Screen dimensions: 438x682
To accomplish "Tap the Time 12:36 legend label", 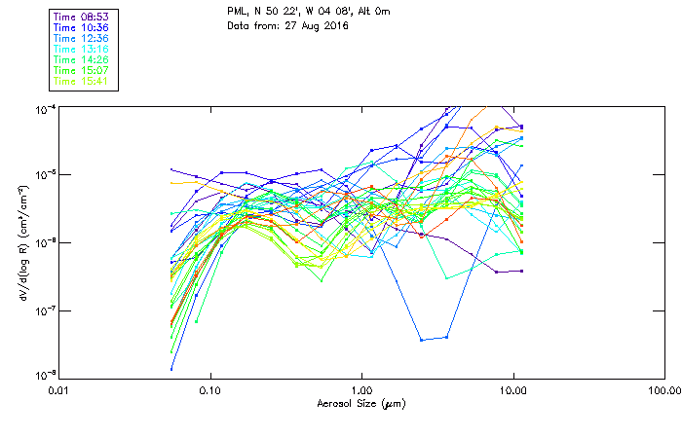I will tap(81, 39).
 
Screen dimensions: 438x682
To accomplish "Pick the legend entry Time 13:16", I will tap(81, 50).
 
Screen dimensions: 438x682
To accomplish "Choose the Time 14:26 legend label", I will tap(81, 60).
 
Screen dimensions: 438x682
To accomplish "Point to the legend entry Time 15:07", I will tap(81, 71).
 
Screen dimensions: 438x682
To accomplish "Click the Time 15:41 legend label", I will tap(81, 81).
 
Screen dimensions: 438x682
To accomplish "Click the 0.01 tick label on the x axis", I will tap(59, 390).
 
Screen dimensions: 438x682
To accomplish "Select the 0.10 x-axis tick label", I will tap(210, 390).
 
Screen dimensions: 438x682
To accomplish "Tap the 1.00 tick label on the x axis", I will tap(362, 390).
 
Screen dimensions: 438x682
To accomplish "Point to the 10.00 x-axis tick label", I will tap(513, 390).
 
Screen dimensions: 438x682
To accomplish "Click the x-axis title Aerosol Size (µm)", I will tap(361, 403).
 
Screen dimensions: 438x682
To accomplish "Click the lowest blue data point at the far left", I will tap(172, 369).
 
